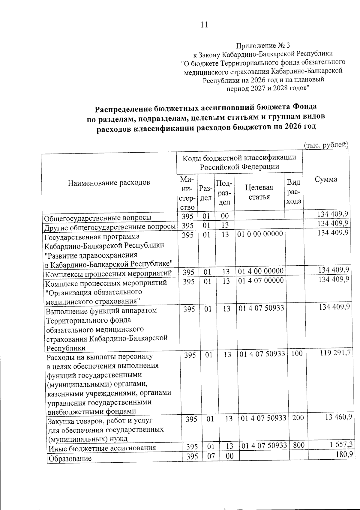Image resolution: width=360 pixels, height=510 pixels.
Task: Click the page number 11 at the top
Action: (x=204, y=25)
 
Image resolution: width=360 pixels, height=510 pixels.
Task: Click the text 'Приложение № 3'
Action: (x=263, y=46)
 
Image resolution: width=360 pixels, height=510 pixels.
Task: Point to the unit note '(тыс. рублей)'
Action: (x=326, y=145)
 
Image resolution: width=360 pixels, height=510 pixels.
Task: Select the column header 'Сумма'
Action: (x=326, y=179)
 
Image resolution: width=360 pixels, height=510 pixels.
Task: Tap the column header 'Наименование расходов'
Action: (x=109, y=182)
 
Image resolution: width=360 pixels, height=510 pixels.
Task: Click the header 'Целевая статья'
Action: (x=259, y=192)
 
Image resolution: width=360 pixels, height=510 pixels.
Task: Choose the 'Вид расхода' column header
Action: (x=294, y=192)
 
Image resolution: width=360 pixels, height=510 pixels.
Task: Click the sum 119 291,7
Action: (x=335, y=353)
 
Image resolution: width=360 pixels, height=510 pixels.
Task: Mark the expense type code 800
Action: (x=299, y=445)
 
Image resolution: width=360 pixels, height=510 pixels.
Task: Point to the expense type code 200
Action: (x=298, y=418)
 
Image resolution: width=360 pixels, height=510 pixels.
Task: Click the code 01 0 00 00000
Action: (x=260, y=234)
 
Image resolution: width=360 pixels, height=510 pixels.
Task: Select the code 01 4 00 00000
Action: (x=260, y=271)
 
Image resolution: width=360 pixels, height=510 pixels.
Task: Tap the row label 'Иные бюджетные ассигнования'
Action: (x=102, y=448)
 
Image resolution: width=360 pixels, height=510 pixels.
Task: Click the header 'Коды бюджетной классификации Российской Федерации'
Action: (x=239, y=162)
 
